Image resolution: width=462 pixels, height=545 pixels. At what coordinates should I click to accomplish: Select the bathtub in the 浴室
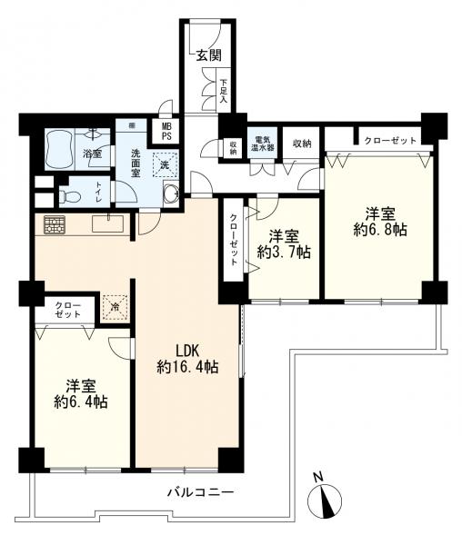[x=62, y=145]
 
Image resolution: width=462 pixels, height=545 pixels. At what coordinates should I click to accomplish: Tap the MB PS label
[x=166, y=133]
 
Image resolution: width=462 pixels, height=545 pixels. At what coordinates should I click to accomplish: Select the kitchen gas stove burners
[x=52, y=224]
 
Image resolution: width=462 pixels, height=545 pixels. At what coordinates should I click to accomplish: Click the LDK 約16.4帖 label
[x=187, y=359]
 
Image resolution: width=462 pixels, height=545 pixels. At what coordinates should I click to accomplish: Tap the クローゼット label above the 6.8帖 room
[x=390, y=141]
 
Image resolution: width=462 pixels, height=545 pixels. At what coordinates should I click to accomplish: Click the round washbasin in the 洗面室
[x=170, y=193]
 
